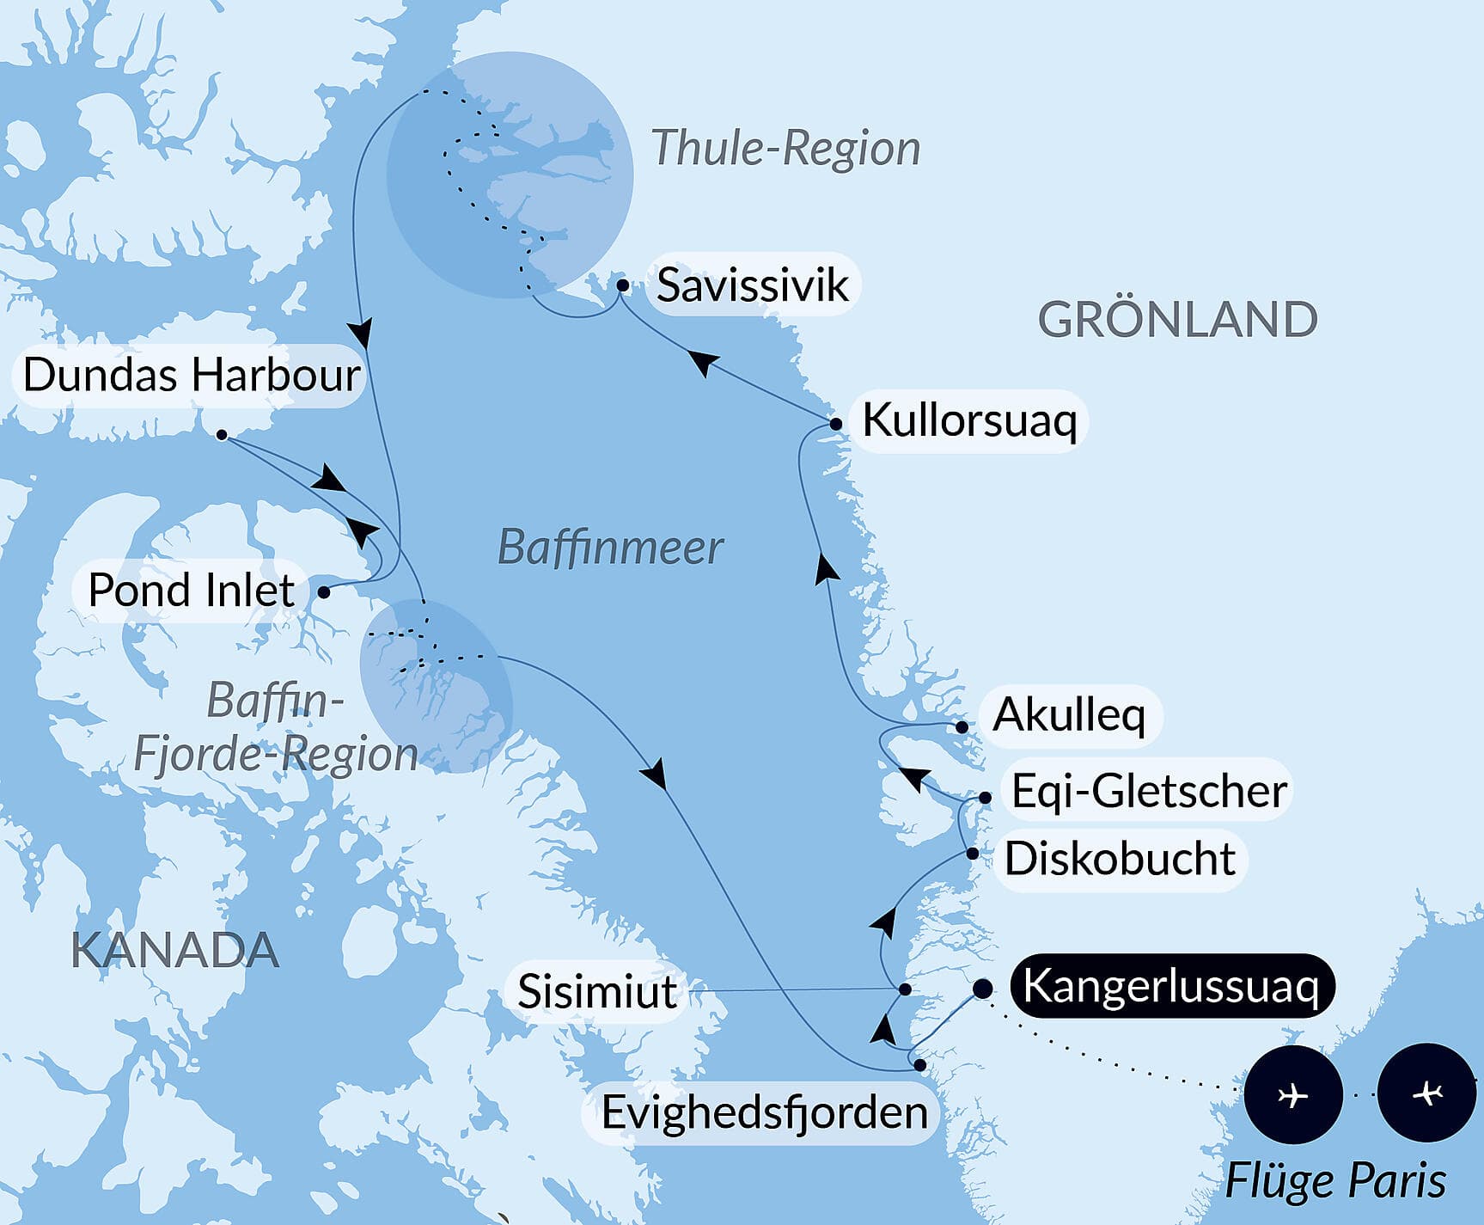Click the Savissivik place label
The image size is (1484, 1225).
[x=752, y=285]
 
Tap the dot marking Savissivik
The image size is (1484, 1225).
[x=622, y=285]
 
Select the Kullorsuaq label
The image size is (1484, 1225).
[x=968, y=420]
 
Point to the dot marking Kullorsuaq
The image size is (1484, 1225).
[x=835, y=424]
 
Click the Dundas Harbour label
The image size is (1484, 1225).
[x=191, y=376]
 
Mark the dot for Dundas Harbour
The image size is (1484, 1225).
[x=222, y=435]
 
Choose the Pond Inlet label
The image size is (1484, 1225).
[x=191, y=591]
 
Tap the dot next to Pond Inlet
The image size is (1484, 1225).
[x=324, y=591]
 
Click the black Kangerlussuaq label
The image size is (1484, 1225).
[x=1170, y=986]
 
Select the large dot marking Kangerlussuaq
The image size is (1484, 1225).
[x=982, y=989]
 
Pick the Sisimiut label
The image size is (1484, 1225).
[x=596, y=992]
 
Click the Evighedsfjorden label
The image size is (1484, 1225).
[x=764, y=1112]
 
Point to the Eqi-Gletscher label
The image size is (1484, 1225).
[x=1149, y=791]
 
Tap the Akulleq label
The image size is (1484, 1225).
[x=1069, y=715]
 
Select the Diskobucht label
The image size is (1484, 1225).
[x=1120, y=859]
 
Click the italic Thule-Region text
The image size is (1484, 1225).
[x=785, y=148]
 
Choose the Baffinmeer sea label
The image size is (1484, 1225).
[x=610, y=548]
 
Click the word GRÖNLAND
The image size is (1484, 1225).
[x=1177, y=320]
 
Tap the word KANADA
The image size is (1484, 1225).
[x=174, y=950]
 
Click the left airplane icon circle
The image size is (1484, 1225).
[x=1292, y=1094]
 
